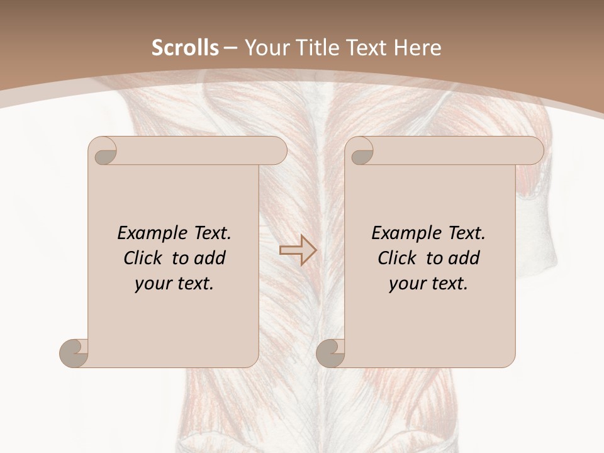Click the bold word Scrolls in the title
[x=185, y=48]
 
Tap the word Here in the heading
[x=418, y=48]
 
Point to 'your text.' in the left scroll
[x=174, y=284]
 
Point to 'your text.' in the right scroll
[x=428, y=284]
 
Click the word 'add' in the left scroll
[x=211, y=258]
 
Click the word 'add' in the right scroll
[x=465, y=258]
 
